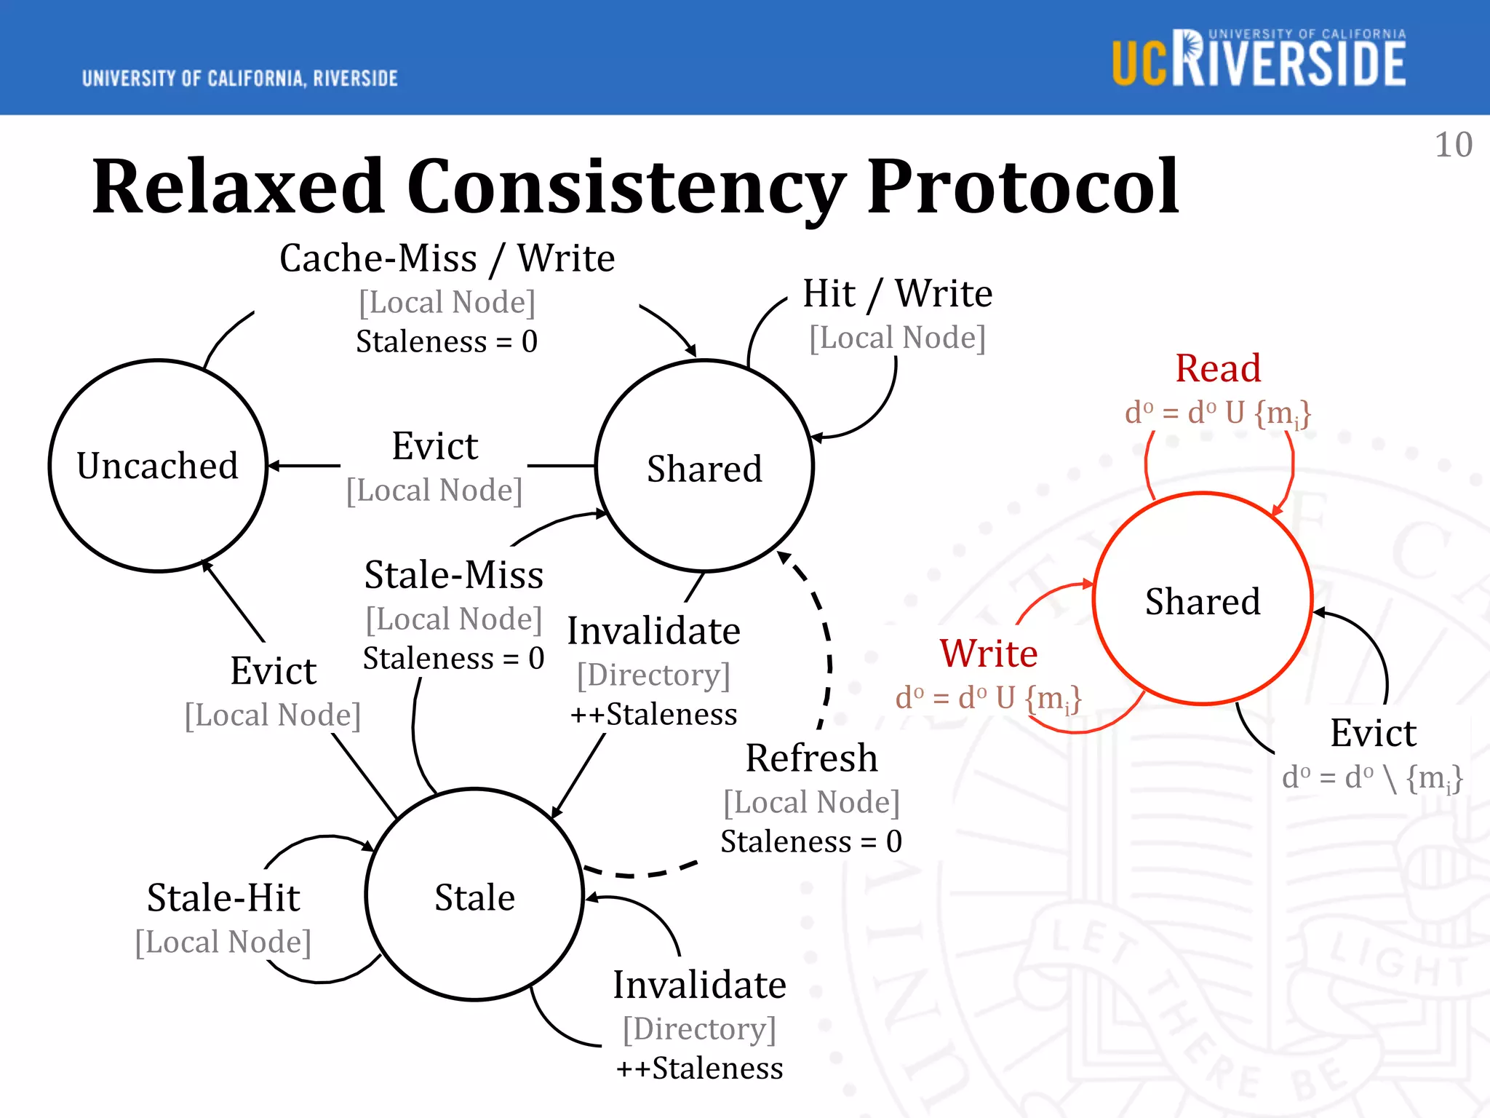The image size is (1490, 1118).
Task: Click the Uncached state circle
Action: point(158,466)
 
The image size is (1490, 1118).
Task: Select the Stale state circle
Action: point(474,895)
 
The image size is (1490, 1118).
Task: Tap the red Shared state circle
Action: point(1203,600)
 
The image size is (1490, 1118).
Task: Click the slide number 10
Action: point(1453,145)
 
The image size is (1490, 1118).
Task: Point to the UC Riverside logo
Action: point(1259,60)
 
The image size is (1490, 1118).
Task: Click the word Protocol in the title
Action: point(1022,187)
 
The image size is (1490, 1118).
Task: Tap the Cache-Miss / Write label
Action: point(447,258)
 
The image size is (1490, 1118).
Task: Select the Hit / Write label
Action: point(897,294)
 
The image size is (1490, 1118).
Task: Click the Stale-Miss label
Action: point(454,575)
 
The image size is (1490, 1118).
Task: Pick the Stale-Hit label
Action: point(223,897)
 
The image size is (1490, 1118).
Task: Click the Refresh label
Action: point(811,758)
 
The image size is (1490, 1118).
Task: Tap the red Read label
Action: point(1218,368)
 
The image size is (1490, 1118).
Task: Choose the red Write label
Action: point(989,653)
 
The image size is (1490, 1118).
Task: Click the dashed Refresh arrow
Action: point(829,655)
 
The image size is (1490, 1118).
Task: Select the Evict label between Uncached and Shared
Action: point(434,446)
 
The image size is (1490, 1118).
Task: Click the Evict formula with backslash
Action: point(1372,777)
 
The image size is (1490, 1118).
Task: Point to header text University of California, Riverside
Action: point(240,79)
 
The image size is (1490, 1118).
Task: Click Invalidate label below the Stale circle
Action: point(699,986)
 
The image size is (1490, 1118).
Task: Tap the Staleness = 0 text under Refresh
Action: point(811,842)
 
